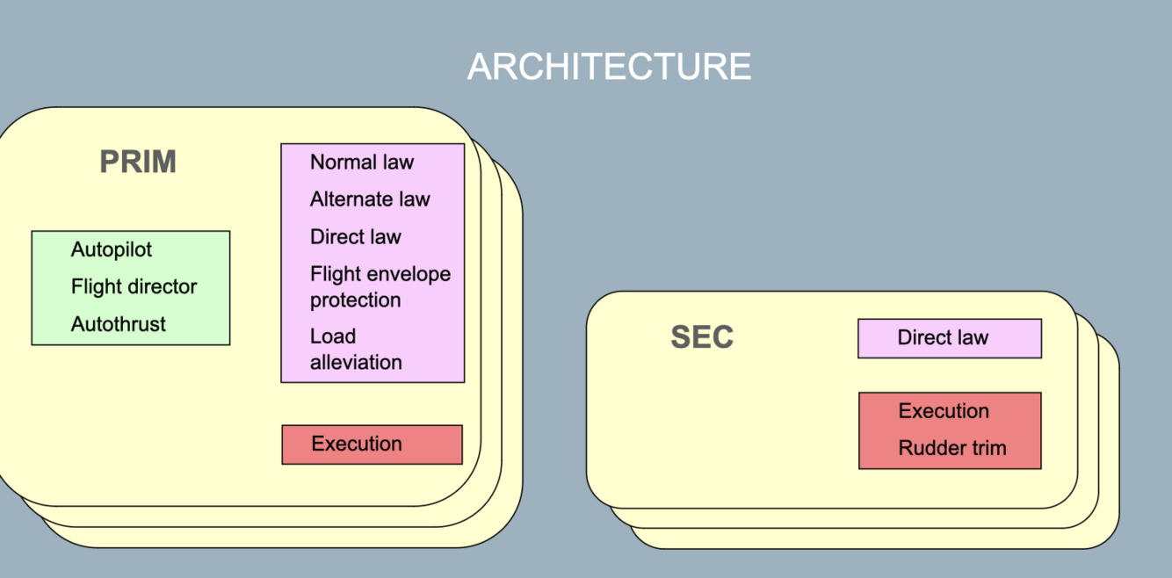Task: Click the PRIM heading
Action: (x=138, y=163)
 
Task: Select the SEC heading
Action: (x=702, y=337)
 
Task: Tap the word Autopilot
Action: (x=112, y=249)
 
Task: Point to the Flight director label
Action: (x=134, y=286)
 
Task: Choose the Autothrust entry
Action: (x=119, y=324)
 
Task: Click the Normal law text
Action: (x=362, y=163)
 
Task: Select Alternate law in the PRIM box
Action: (x=370, y=199)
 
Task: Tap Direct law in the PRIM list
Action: (x=356, y=237)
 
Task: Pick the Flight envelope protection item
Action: (x=380, y=286)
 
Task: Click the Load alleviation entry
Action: (x=356, y=349)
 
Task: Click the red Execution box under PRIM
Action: (x=372, y=444)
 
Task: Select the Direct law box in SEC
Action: (x=949, y=338)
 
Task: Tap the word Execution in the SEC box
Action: (x=944, y=411)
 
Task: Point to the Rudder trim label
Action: (x=952, y=448)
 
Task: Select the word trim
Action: (x=988, y=448)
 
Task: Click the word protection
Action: (x=355, y=300)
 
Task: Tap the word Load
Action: (x=333, y=336)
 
